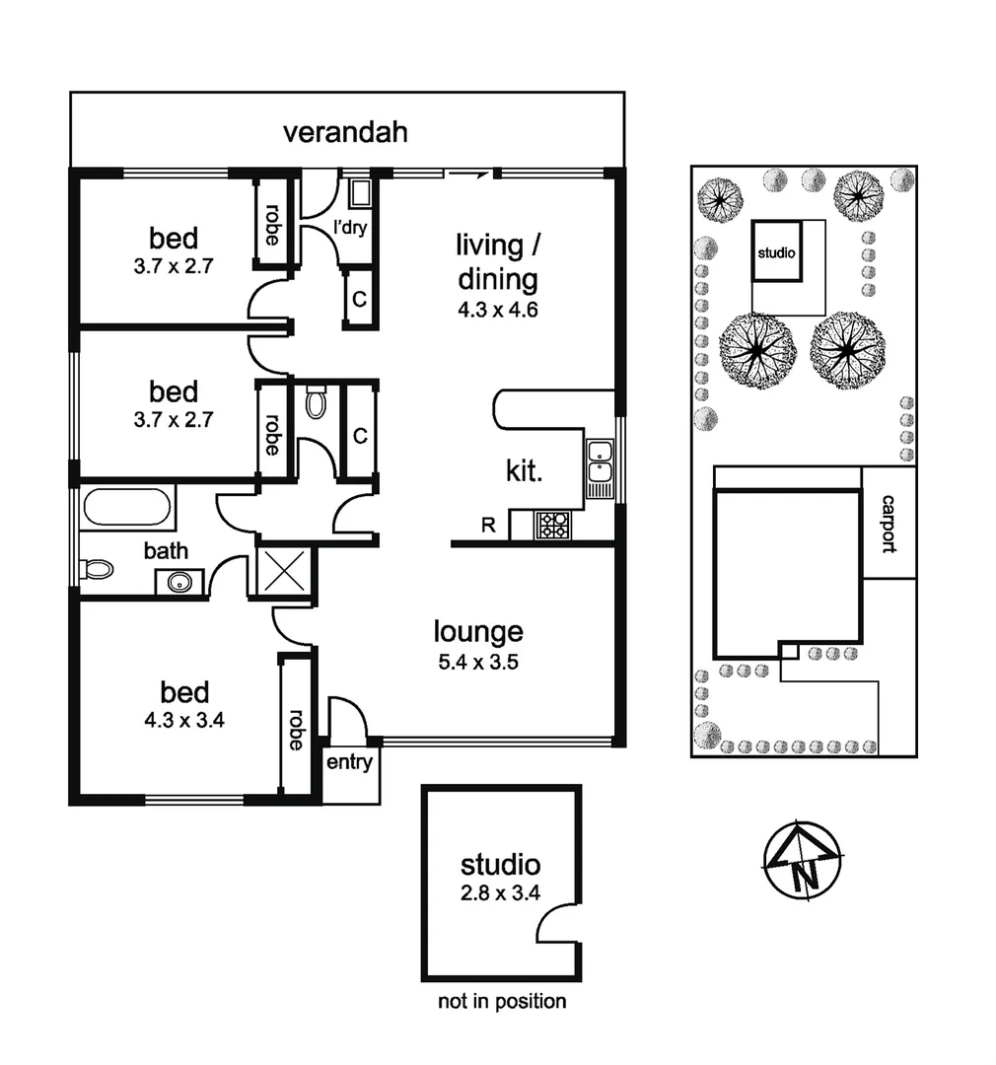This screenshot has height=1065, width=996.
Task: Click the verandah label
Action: click(345, 133)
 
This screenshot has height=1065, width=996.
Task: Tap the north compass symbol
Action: click(804, 860)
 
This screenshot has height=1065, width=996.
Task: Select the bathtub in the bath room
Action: click(128, 509)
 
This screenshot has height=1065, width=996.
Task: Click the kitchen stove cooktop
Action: click(552, 524)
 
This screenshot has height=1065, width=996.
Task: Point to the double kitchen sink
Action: click(599, 467)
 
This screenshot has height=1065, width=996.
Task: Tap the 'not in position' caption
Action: click(502, 1002)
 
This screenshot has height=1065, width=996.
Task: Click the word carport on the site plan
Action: click(889, 523)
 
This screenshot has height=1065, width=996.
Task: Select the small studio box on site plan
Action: click(776, 251)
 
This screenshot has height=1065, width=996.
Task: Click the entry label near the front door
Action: click(350, 761)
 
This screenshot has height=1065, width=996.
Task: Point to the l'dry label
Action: click(351, 229)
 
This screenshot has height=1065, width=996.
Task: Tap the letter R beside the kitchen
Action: click(488, 525)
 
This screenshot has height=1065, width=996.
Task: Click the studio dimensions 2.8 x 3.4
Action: click(501, 895)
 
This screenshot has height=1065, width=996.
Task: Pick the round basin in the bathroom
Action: click(179, 582)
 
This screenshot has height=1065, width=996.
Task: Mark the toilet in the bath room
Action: click(99, 569)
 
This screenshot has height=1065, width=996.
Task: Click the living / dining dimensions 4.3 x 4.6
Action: click(497, 309)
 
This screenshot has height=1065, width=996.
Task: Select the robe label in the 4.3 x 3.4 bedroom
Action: click(295, 729)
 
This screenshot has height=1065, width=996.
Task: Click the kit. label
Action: click(525, 471)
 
